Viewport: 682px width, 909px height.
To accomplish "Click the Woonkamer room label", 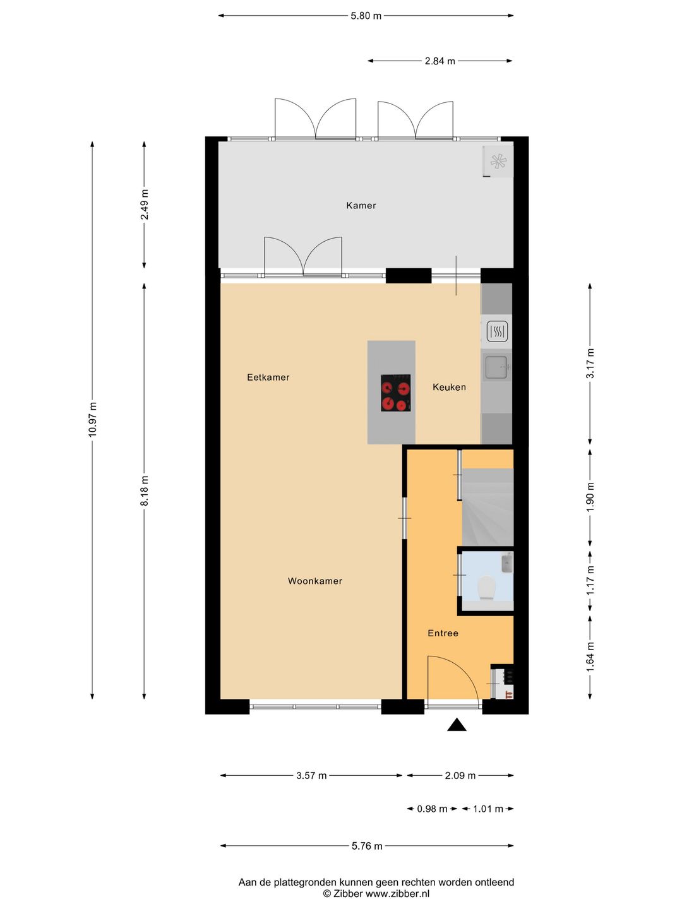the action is pos(315,581).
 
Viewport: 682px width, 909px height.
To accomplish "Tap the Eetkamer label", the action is pos(268,377).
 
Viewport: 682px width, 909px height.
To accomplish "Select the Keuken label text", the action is pos(449,387).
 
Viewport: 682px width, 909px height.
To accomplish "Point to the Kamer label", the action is pos(361,205).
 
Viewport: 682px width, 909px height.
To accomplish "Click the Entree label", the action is pos(443,633).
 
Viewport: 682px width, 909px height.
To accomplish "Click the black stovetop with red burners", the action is pos(396,393).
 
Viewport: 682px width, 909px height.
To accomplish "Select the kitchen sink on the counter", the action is pos(497,367).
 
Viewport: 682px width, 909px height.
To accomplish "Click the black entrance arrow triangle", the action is pos(457,724).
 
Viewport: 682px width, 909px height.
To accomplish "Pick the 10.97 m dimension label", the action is pos(92,419).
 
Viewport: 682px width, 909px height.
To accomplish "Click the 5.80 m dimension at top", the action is pos(366,16).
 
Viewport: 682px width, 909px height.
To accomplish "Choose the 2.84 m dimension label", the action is pos(440,61).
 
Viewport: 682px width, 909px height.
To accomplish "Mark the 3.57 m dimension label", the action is pos(311,776).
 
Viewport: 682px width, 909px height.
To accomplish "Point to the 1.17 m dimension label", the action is pos(590,581).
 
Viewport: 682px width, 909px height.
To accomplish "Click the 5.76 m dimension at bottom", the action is pos(367,846).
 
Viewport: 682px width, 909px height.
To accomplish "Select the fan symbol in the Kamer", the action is pos(498,161).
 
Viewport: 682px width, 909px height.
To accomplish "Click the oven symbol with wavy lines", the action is pos(498,331).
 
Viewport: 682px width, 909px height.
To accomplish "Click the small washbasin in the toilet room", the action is pos(507,563).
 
